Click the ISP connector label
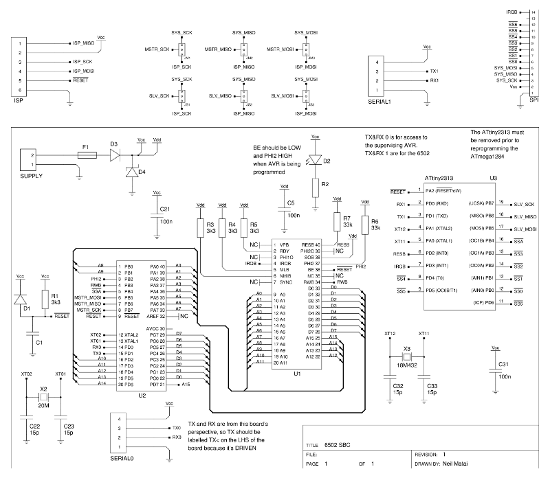[x=19, y=101]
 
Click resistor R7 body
[x=337, y=222]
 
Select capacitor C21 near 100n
[x=156, y=216]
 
